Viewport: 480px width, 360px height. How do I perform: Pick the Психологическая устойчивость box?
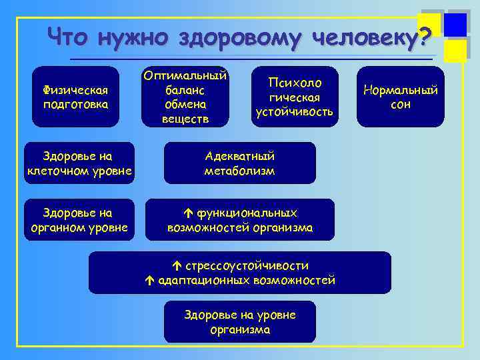coord(294,97)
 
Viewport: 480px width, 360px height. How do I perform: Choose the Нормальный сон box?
coord(400,97)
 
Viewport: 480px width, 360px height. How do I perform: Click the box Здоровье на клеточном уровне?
coord(79,163)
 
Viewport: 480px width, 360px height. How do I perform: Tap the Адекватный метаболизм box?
coord(239,163)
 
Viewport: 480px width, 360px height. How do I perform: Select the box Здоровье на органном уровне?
coord(79,221)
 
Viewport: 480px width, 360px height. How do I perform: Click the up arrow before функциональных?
coord(187,213)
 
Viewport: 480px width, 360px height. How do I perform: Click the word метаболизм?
coord(239,171)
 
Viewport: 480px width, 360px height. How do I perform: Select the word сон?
coord(401,105)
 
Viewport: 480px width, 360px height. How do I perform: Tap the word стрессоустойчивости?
coord(247,265)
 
